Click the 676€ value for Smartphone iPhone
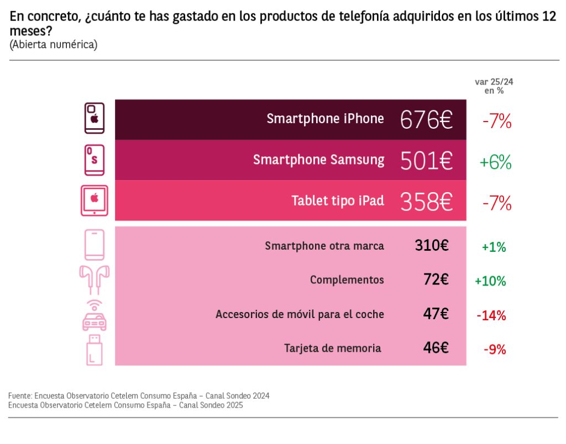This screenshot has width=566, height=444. (426, 119)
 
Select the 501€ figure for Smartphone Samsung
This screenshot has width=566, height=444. (426, 160)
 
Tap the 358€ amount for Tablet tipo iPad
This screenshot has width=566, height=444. (426, 201)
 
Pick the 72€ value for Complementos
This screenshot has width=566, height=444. (436, 279)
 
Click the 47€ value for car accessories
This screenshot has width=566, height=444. (436, 314)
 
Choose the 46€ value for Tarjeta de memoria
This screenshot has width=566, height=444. (436, 348)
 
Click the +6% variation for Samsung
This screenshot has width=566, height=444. (495, 162)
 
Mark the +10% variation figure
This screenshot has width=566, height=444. (490, 281)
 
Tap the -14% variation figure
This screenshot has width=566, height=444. (491, 316)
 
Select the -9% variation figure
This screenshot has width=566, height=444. (495, 349)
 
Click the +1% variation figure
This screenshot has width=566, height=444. (494, 247)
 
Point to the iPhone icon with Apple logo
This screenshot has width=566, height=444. (95, 118)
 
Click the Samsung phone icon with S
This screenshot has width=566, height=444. (94, 160)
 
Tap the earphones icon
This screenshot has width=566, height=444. (95, 279)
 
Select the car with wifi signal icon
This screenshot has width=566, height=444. (95, 315)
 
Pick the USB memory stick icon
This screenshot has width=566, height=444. (95, 350)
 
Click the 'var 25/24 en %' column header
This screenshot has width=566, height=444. (494, 86)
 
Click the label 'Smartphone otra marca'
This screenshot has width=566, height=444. (324, 246)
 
